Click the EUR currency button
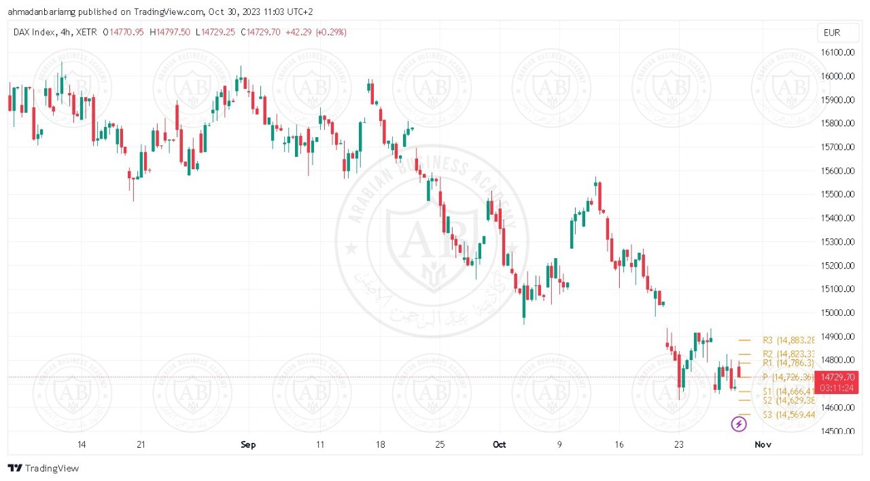coord(831,33)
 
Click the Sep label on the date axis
coord(248,445)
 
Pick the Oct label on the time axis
coord(500,445)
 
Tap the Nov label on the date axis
coord(763,445)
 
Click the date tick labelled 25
coord(439,445)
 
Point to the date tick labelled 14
coord(82,445)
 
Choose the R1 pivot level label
coord(788,363)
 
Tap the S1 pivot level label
coord(788,391)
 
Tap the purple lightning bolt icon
coord(739,425)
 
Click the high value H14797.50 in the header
coord(170,32)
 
